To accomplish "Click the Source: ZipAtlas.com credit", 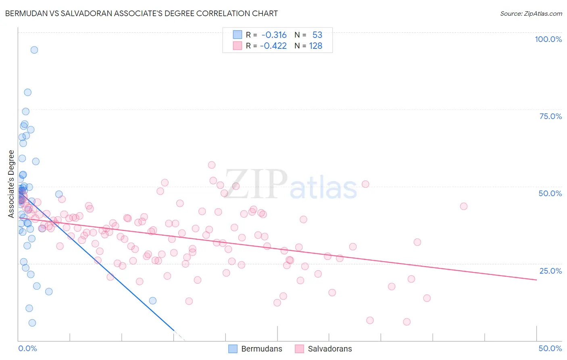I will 531,13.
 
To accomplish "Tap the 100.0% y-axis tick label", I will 548,39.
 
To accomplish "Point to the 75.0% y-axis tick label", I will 550,116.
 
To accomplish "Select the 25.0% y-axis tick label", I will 550,270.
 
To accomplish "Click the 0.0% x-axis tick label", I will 27,348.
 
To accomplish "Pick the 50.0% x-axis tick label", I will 550,348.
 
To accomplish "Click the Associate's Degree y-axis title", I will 11,184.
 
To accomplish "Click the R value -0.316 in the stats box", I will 274,35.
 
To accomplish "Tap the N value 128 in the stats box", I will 316,46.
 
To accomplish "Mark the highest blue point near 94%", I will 34,50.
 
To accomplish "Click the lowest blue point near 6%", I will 32,323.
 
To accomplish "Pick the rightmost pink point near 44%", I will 464,206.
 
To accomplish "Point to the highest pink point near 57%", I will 212,165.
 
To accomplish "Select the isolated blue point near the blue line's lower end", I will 153,301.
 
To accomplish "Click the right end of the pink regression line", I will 537,280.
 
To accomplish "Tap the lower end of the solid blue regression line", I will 174,331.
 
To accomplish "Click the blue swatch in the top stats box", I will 238,35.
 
